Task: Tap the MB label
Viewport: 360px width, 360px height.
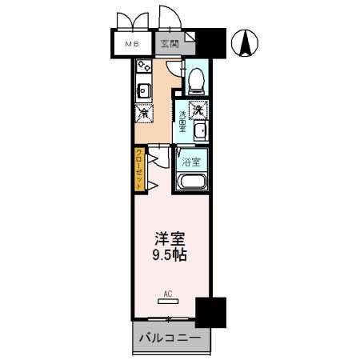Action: coord(128,45)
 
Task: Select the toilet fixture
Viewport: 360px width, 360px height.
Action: coord(196,78)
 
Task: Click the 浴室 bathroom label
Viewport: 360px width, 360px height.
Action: coord(190,163)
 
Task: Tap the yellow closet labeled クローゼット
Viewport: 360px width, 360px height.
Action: coord(139,168)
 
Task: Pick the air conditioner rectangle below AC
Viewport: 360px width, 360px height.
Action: coord(168,302)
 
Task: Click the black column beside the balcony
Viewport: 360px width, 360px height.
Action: coord(210,310)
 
